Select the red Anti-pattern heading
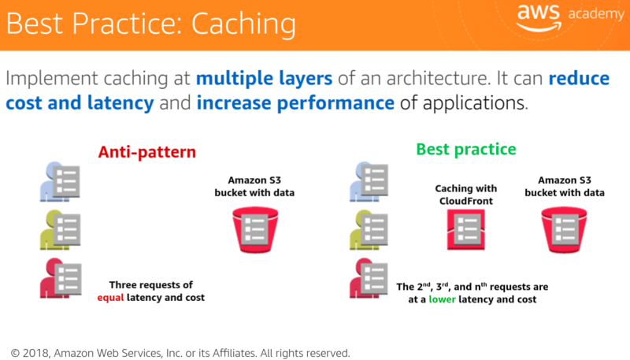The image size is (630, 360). tap(146, 152)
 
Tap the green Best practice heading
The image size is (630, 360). tap(466, 149)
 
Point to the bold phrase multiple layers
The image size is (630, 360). tap(265, 79)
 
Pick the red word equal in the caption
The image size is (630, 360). tap(112, 297)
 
